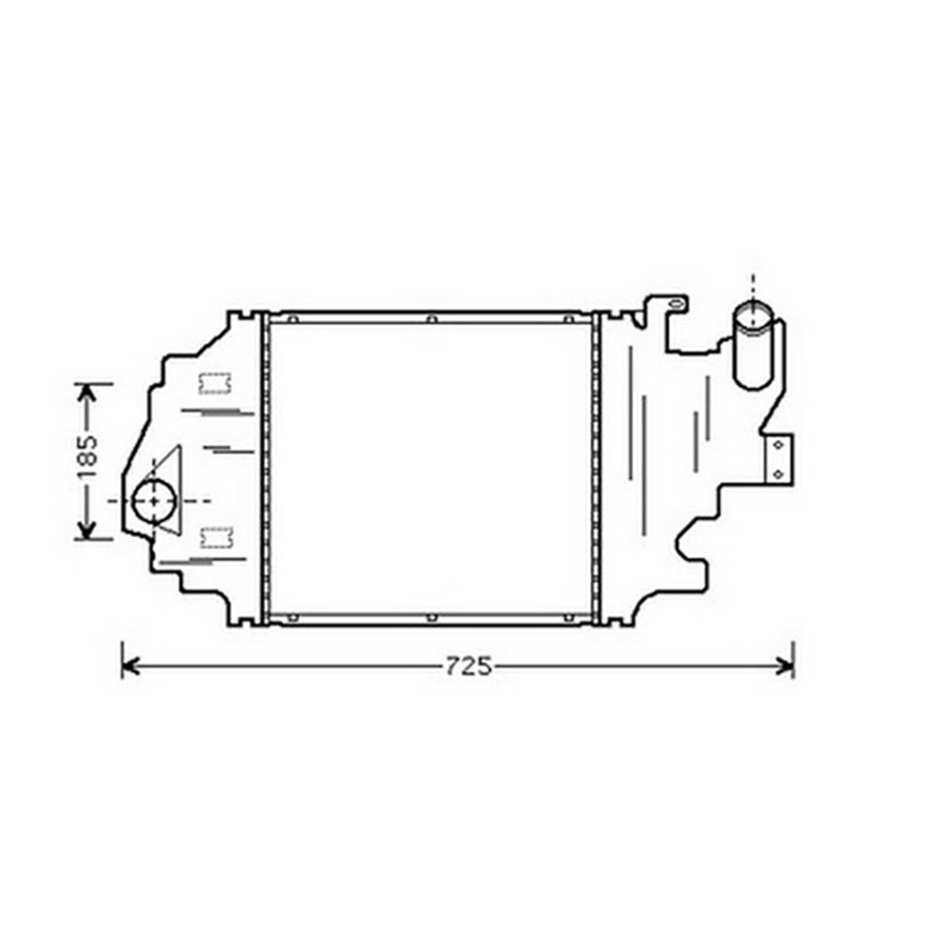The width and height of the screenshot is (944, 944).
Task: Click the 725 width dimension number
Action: pos(468,667)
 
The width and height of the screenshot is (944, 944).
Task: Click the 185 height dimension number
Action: pos(87,458)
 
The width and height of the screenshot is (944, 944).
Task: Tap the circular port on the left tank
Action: pos(154,501)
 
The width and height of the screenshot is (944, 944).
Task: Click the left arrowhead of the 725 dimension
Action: pos(130,667)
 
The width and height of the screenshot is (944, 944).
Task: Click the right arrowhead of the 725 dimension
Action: pos(786,667)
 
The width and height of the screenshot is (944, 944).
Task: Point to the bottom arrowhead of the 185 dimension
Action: pos(88,530)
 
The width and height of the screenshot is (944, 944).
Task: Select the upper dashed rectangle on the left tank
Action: pos(215,384)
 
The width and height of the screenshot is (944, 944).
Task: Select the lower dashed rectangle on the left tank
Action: pos(216,537)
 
